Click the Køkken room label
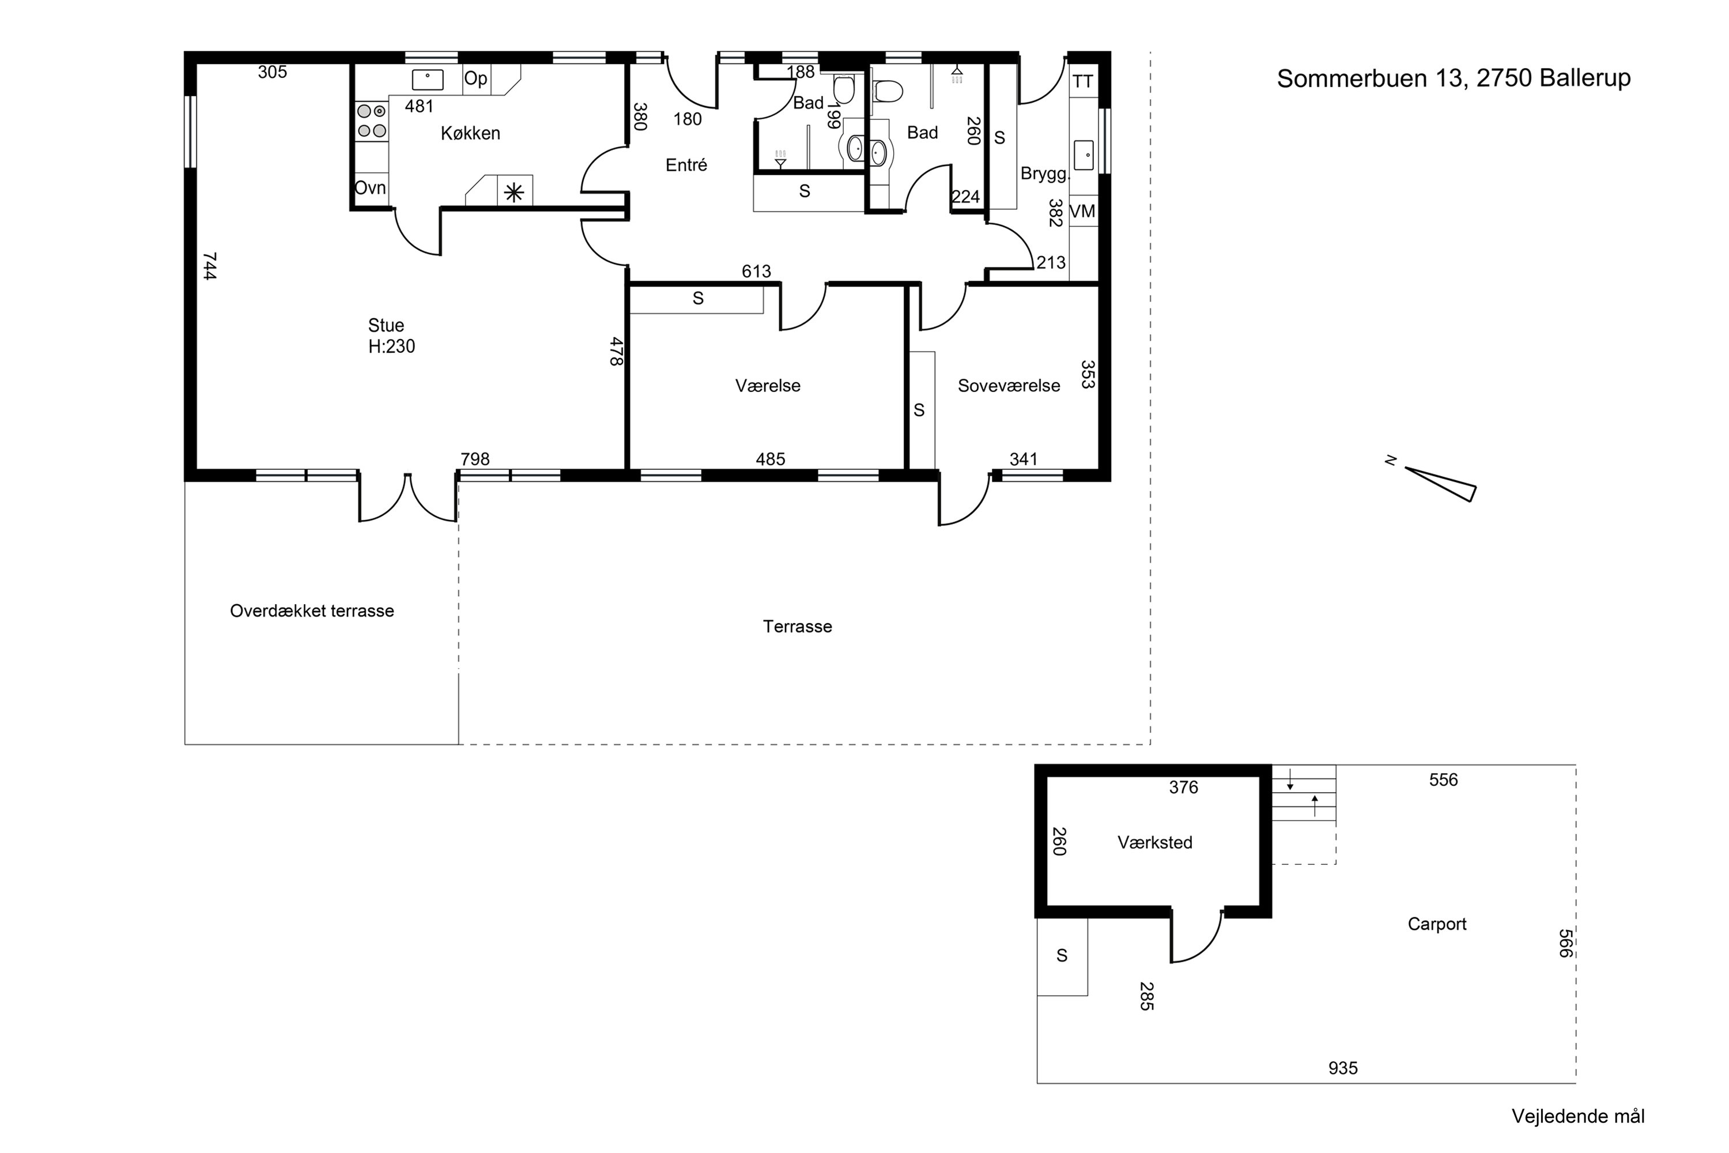[x=470, y=133]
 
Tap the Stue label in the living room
[x=386, y=325]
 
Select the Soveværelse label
[x=1009, y=385]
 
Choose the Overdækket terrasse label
[x=312, y=611]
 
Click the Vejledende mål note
[x=1577, y=1116]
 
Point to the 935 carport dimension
[x=1342, y=1068]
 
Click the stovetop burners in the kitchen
[x=372, y=121]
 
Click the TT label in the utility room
[x=1083, y=82]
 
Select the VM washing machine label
[x=1082, y=212]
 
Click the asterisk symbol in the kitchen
[x=514, y=193]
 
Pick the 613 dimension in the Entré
[x=756, y=272]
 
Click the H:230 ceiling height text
[x=392, y=346]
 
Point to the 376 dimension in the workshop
[x=1184, y=787]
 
